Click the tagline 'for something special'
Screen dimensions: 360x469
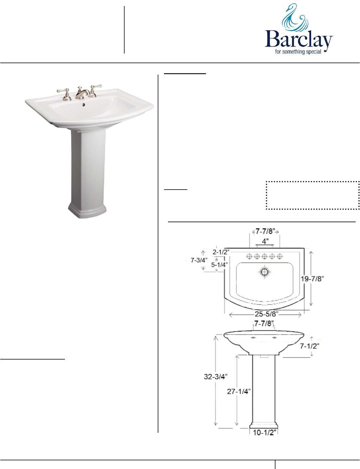(x=298, y=52)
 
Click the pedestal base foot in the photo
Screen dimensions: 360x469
(x=87, y=211)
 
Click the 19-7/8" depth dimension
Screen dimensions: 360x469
(x=312, y=279)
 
